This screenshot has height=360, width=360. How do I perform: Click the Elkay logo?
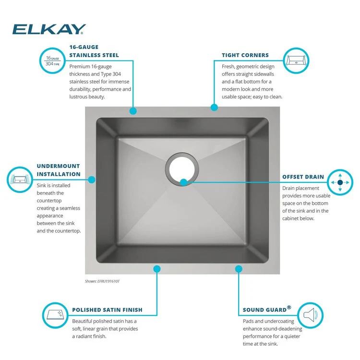point(49,29)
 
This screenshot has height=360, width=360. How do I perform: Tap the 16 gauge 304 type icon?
point(53,60)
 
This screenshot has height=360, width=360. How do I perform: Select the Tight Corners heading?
point(245,55)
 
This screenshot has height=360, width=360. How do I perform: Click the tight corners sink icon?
point(296,60)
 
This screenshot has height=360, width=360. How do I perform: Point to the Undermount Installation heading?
point(59,170)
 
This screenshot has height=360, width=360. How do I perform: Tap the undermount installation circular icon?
point(20,180)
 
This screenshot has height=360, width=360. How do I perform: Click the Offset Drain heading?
point(303,177)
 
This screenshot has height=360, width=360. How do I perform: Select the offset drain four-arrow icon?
point(340,182)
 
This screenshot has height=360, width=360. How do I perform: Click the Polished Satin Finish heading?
point(107,310)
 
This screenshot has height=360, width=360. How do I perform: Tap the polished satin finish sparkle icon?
point(55,315)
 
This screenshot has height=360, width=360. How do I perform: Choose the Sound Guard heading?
point(267,309)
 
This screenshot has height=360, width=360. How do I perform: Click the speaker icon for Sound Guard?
point(311,315)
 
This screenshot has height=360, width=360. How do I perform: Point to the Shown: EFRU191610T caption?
point(102,281)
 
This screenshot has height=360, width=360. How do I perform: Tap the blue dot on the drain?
point(183,182)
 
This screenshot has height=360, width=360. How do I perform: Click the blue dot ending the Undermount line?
point(92,180)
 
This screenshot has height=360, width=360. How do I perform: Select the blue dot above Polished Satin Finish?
point(157,269)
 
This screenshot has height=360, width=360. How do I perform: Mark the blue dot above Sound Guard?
point(239,269)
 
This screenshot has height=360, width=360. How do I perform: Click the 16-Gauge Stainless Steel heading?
point(94,51)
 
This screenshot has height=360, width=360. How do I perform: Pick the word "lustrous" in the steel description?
point(78,96)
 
